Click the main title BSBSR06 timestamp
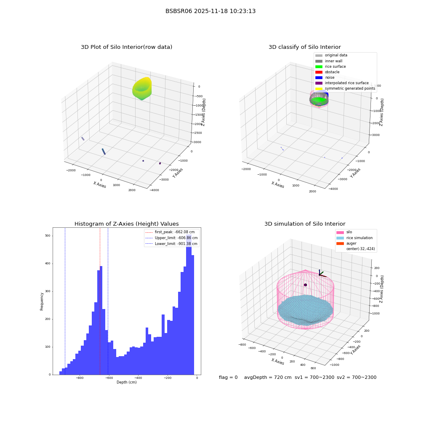210,11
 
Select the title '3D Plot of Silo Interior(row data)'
126,47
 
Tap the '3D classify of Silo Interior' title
305,47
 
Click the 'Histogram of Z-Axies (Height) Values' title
126,224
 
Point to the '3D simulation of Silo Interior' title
305,224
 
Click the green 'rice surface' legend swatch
319,67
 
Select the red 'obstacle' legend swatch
319,72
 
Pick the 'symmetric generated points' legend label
350,88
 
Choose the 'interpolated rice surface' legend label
346,83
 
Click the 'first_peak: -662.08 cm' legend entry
175,232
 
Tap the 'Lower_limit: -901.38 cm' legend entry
176,244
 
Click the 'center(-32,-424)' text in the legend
361,249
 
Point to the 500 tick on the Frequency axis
48,236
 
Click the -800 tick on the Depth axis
80,378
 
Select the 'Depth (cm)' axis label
126,382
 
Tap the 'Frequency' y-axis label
42,301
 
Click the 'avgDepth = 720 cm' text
268,378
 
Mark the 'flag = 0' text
228,378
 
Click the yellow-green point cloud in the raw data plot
142,88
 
